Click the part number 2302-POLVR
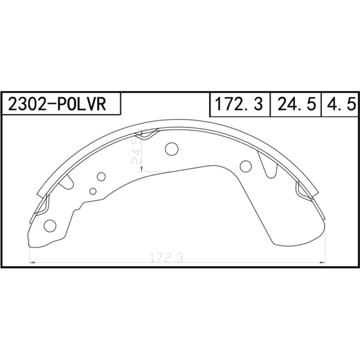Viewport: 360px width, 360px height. click(57, 104)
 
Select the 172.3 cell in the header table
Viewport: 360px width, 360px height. click(239, 104)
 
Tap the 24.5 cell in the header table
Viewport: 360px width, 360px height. click(296, 104)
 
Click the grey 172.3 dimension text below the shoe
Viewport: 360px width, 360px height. click(166, 257)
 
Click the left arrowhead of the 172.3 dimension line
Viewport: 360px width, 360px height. click(32, 262)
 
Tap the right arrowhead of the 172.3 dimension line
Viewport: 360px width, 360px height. click(323, 262)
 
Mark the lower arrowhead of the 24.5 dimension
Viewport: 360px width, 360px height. click(142, 169)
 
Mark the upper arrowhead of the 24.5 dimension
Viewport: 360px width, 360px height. click(142, 133)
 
